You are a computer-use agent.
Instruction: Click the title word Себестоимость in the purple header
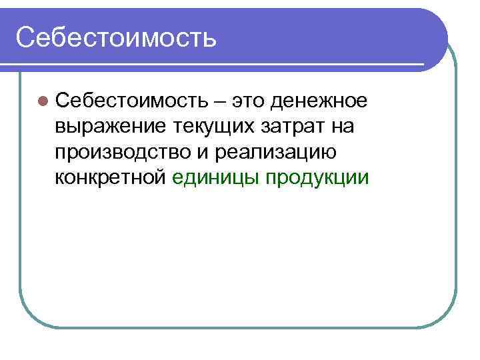point(116,37)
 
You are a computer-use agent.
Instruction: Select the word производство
point(122,152)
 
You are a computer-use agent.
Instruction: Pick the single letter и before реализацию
point(204,153)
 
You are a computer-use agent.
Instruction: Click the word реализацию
point(274,152)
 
